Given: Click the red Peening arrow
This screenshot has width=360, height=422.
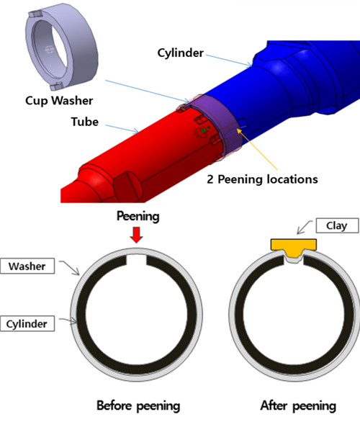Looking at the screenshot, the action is click(x=136, y=235).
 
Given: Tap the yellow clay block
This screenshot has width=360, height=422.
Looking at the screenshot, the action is click(x=294, y=248).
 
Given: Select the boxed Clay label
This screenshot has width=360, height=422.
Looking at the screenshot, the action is click(x=338, y=225).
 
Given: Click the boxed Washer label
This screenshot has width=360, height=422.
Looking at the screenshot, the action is click(x=27, y=266).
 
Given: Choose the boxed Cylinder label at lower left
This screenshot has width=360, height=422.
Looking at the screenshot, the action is click(x=27, y=323).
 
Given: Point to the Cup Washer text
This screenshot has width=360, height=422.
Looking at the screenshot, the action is click(x=59, y=101).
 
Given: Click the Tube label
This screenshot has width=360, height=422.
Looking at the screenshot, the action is click(x=85, y=122).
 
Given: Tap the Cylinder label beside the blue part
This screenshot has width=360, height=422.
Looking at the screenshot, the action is click(x=181, y=53).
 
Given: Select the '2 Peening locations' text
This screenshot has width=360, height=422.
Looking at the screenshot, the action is click(x=262, y=179).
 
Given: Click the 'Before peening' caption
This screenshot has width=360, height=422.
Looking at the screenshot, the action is click(x=138, y=406).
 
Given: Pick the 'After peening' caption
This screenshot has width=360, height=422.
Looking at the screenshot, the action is click(x=298, y=406).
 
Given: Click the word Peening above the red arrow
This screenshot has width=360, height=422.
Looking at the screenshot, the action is click(x=138, y=216).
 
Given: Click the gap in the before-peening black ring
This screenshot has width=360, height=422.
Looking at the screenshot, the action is click(x=136, y=260).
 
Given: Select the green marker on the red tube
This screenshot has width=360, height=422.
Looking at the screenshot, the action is click(x=204, y=130).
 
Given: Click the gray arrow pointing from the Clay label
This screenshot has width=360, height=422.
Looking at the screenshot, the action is click(x=305, y=228).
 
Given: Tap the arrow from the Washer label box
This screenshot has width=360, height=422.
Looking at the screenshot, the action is click(x=70, y=267).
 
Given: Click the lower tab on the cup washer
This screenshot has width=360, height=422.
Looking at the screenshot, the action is click(x=56, y=86).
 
